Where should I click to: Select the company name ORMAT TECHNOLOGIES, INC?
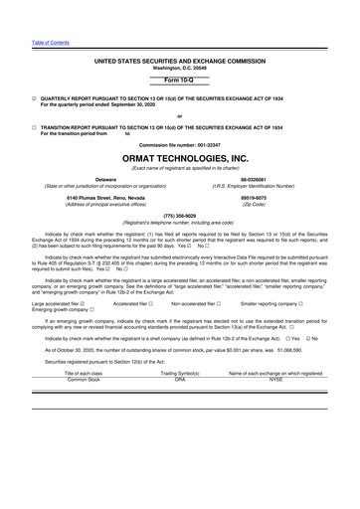[179, 155]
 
